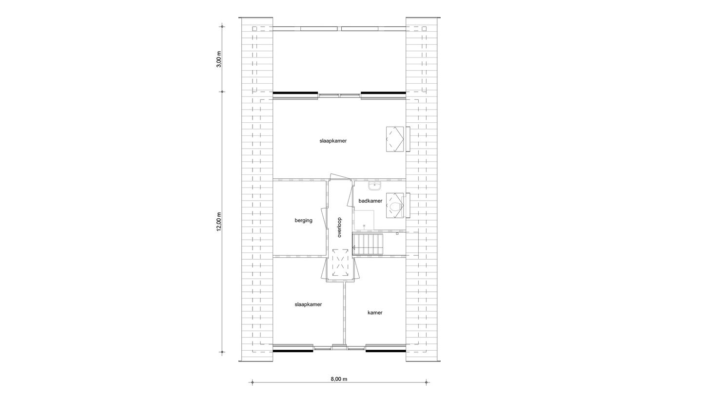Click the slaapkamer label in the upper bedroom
333,141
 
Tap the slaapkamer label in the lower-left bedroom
308,304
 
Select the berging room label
303,221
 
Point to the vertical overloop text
339,227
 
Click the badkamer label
370,201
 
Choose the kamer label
375,313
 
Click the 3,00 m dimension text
219,59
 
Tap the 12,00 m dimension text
219,222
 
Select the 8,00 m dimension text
339,379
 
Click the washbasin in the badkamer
374,186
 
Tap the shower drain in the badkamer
364,226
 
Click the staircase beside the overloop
369,244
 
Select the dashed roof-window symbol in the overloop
340,263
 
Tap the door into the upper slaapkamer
339,177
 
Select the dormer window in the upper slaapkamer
396,139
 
